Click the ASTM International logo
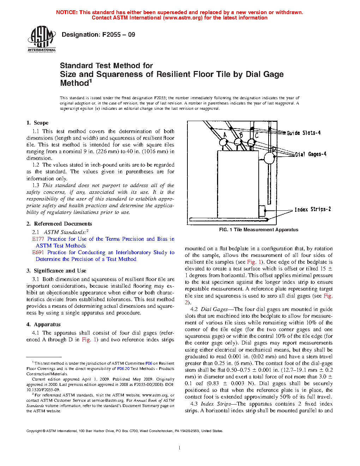pyautogui.click(x=42, y=39)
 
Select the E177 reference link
pyautogui.click(x=38, y=239)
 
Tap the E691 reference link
pyautogui.click(x=38, y=252)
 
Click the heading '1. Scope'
pyautogui.click(x=37, y=123)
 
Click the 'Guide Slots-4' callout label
pyautogui.click(x=304, y=133)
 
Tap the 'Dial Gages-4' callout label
pyautogui.click(x=311, y=154)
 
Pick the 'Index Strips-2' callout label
pyautogui.click(x=313, y=209)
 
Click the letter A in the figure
pyautogui.click(x=225, y=135)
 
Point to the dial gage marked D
pyautogui.click(x=269, y=158)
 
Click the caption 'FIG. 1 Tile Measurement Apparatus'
pyautogui.click(x=259, y=230)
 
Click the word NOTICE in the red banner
pyautogui.click(x=67, y=12)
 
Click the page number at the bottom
pyautogui.click(x=180, y=448)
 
